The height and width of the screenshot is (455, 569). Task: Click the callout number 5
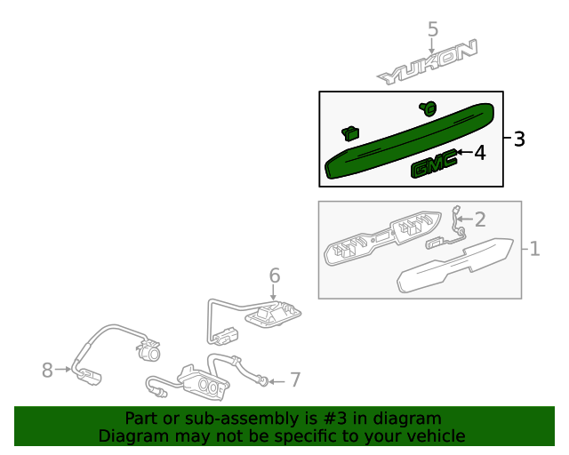(433, 29)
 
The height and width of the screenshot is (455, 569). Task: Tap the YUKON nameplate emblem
(427, 62)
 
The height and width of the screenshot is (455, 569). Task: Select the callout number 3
(519, 139)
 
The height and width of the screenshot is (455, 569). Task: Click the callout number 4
(480, 153)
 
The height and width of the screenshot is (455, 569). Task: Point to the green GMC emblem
(434, 164)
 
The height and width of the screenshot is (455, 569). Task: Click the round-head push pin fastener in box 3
(428, 108)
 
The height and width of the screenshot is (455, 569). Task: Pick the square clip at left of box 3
(350, 133)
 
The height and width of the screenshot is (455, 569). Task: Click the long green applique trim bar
(409, 140)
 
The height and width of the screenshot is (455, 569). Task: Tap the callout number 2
(480, 220)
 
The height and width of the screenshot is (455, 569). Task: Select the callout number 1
(535, 249)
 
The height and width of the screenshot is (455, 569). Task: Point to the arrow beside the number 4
(465, 152)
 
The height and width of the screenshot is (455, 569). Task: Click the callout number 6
(275, 275)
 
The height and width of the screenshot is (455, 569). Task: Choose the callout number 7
(295, 379)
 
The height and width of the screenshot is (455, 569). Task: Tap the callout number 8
(47, 370)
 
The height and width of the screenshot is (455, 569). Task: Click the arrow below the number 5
(432, 46)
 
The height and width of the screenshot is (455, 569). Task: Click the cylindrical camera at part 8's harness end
(148, 351)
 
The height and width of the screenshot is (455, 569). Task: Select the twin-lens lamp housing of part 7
(203, 383)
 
